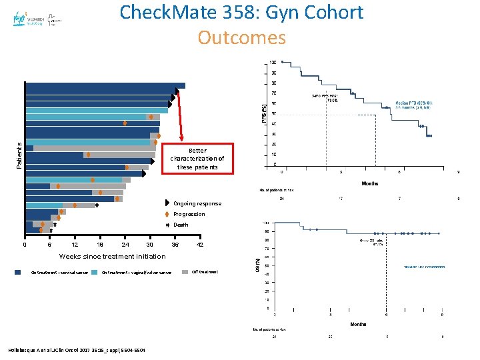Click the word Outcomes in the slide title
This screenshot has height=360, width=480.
point(241,37)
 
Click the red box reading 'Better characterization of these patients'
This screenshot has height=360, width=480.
point(197,159)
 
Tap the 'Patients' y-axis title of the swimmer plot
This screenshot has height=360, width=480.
point(19,154)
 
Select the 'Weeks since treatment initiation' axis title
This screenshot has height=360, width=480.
point(113,256)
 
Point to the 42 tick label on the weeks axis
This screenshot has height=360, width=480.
point(199,245)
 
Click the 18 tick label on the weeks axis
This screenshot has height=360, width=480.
point(100,245)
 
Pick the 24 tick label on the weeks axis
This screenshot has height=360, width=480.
point(125,245)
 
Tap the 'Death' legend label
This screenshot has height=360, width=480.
point(181,225)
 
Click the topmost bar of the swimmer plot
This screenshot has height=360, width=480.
point(105,85)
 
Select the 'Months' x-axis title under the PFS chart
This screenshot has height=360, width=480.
point(371,183)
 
